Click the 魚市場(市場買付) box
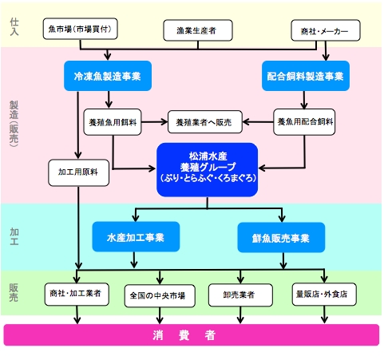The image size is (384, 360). pos(80,29)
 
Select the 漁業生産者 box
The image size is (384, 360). pos(198,30)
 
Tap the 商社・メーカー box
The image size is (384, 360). pos(326,30)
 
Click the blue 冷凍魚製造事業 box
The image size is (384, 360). pos(108,76)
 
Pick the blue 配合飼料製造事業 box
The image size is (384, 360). pos(306,76)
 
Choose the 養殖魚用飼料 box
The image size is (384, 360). pos(113,122)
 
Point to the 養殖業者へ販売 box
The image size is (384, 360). pos(205,122)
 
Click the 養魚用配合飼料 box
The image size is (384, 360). pos(304,122)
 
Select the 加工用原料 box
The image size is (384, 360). pos(78,172)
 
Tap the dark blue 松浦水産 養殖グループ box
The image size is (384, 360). pos(207,170)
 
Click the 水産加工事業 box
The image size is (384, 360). pos(136,237)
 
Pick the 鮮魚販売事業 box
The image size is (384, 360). pos(281,237)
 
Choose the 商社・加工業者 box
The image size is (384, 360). pos(77,294)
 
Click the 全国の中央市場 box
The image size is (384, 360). pos(160,295)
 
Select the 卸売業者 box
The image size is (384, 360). pos(240,295)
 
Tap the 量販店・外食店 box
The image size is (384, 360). pos(324,294)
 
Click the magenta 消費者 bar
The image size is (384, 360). pos(192,334)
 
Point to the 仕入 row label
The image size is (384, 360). pos(14,26)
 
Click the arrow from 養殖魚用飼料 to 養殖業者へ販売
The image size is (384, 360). pos(154,122)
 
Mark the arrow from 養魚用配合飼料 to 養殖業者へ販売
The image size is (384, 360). pos(258,122)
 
